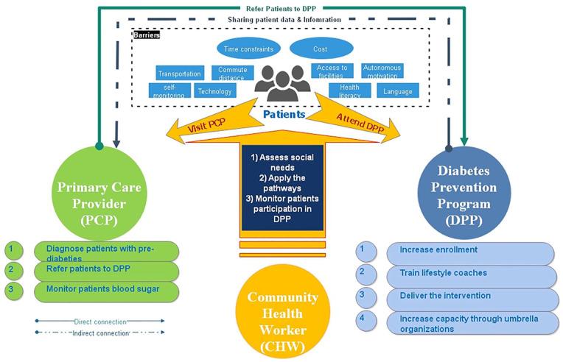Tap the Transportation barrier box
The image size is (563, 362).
click(180, 74)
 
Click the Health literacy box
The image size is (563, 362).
click(349, 90)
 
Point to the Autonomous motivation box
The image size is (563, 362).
click(382, 71)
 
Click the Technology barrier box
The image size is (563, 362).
click(214, 91)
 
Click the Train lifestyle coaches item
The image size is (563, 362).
click(472, 274)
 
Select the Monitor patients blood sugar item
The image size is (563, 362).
click(108, 290)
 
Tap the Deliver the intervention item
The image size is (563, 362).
click(472, 297)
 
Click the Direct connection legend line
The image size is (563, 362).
click(99, 321)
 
